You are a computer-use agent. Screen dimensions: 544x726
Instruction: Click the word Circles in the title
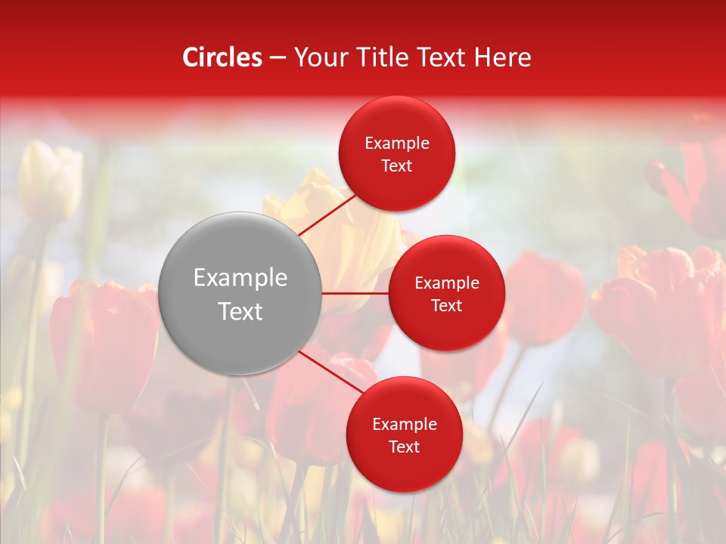coord(222,57)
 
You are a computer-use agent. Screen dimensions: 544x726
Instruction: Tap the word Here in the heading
coord(503,57)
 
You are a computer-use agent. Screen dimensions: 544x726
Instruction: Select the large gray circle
coord(240,293)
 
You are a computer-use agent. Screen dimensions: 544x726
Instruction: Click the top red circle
coord(397,153)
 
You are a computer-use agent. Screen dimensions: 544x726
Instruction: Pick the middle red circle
coord(446,293)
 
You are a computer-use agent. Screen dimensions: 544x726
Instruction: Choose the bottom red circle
coord(404,434)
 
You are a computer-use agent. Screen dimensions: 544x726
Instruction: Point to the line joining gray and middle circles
coord(355,293)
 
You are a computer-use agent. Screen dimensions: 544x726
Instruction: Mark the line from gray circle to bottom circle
coord(330,372)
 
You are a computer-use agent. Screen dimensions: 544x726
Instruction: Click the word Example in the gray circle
coord(240,278)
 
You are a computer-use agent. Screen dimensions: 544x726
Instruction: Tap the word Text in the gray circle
coord(240,311)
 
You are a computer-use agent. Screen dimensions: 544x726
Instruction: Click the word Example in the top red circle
coord(397,143)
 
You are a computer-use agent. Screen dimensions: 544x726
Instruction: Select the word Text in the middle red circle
coord(446,305)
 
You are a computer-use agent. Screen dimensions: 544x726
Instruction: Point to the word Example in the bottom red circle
coord(404,424)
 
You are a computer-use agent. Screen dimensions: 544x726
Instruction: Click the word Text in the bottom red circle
coord(404,447)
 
